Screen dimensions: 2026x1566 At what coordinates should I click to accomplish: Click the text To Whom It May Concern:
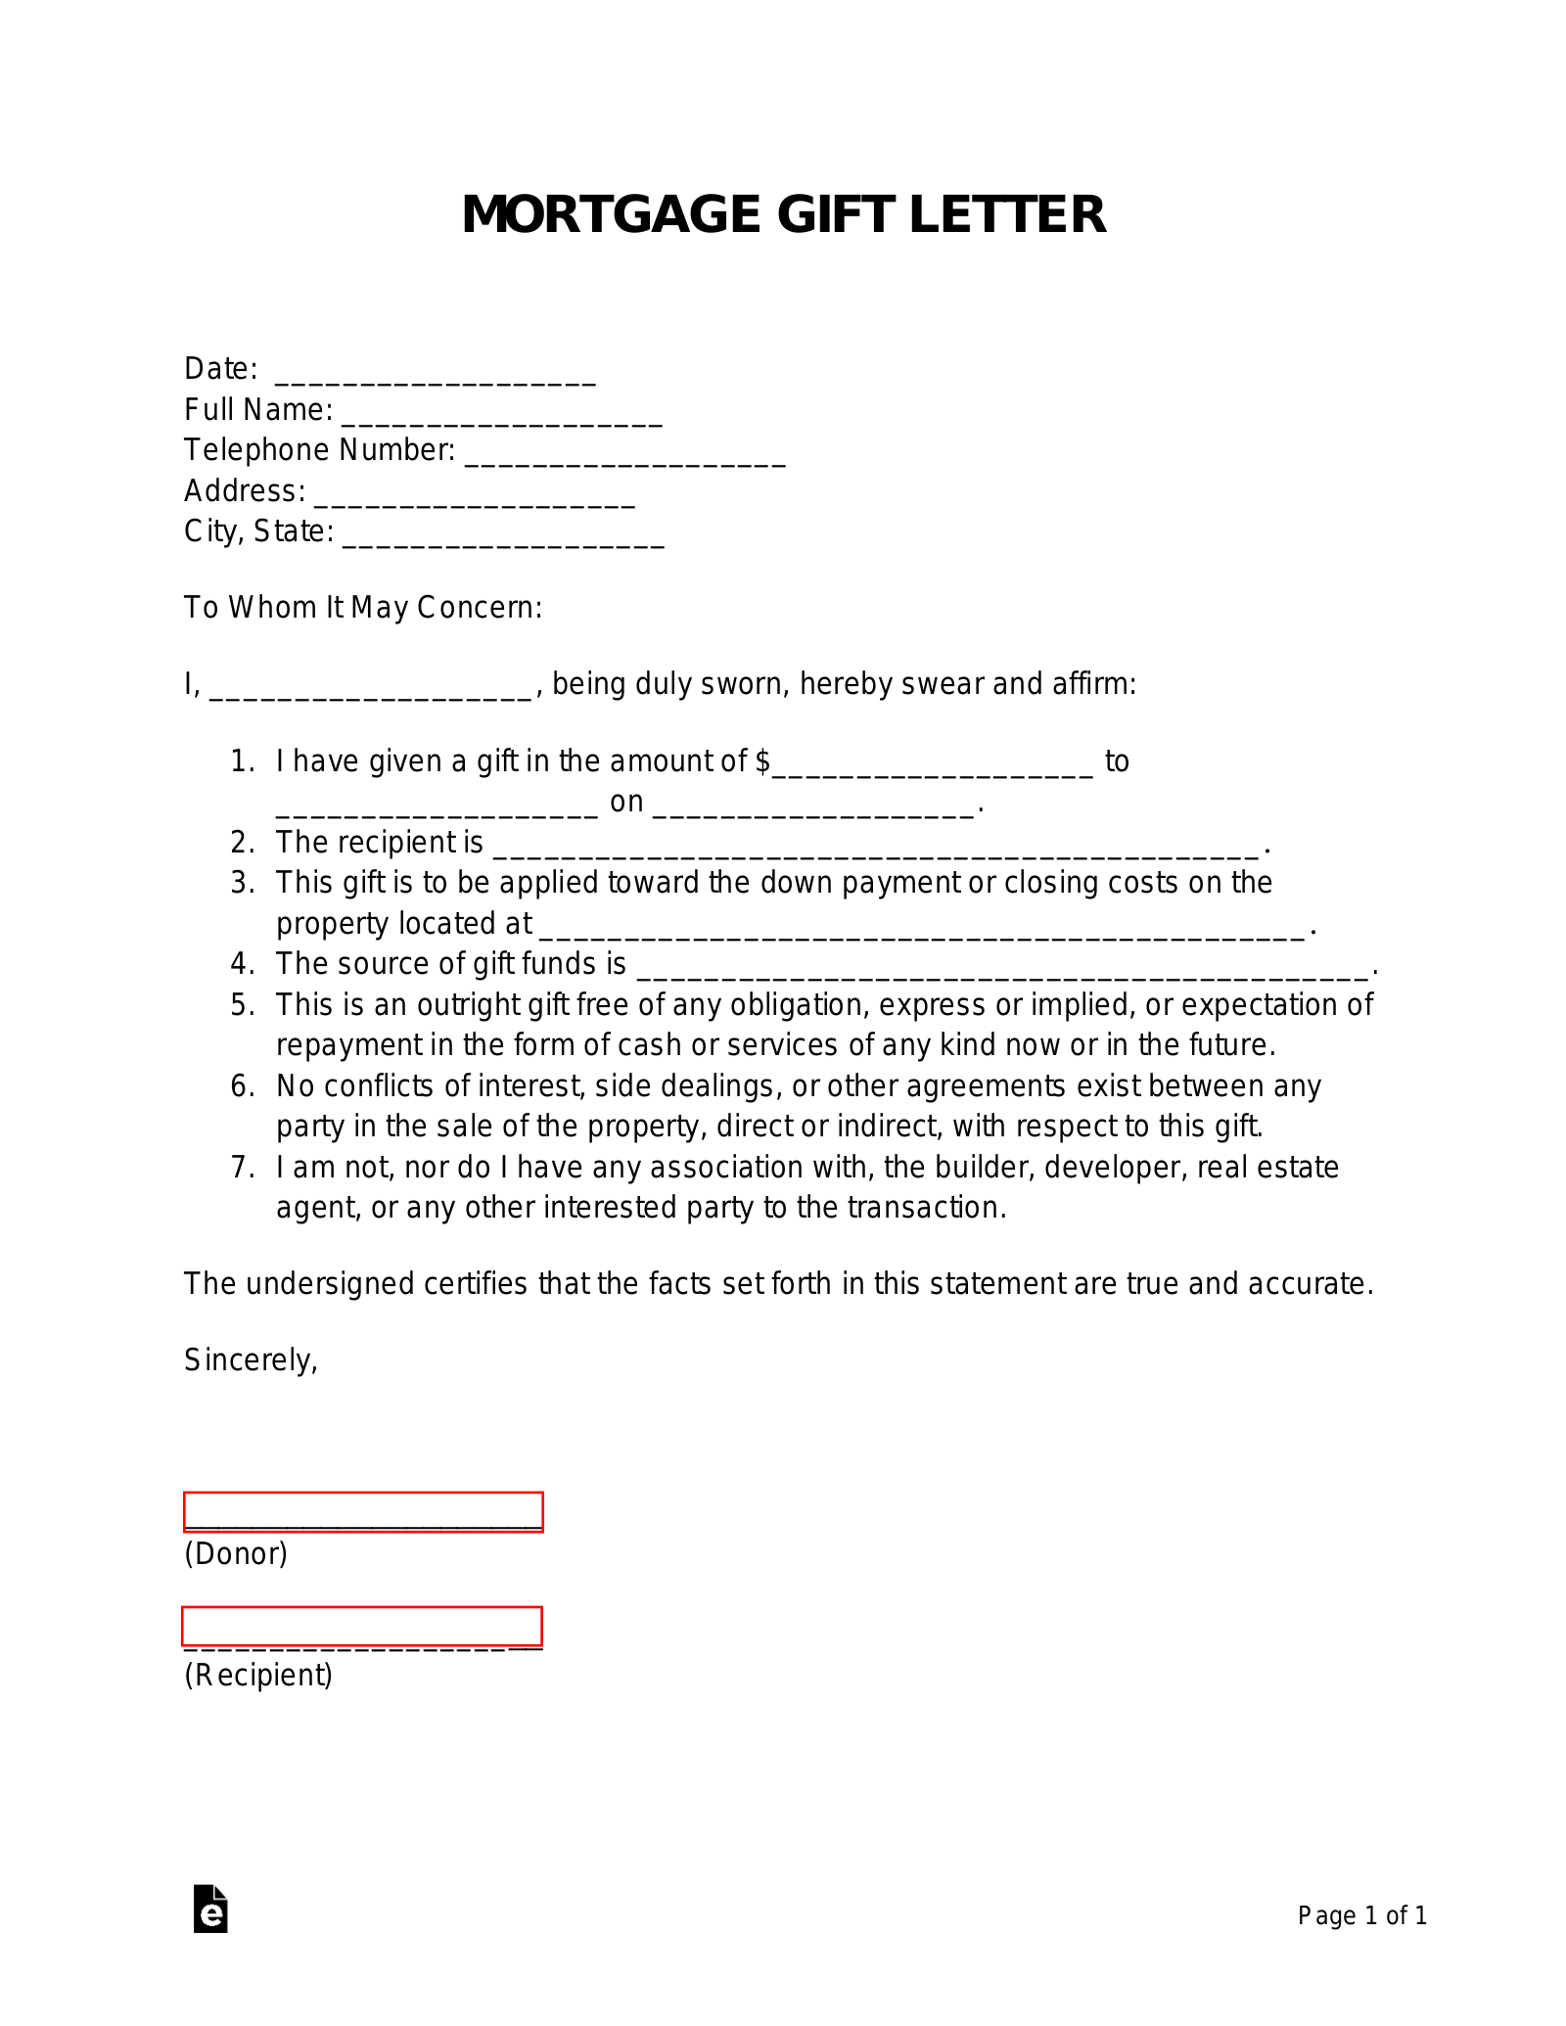click(x=363, y=608)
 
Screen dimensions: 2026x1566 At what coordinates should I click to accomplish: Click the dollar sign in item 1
click(x=763, y=761)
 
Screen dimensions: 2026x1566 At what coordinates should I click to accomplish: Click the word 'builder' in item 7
click(x=984, y=1168)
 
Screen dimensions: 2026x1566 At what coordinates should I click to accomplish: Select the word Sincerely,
click(x=251, y=1359)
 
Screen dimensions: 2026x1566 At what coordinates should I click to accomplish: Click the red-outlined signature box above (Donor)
click(x=363, y=1511)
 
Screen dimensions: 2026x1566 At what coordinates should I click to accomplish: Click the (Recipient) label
click(x=258, y=1675)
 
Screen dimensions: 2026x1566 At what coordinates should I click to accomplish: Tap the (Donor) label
click(x=236, y=1553)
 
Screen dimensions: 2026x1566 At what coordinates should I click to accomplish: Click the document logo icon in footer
click(x=210, y=1909)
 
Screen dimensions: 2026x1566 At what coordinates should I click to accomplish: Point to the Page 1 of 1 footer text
click(x=1361, y=1915)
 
